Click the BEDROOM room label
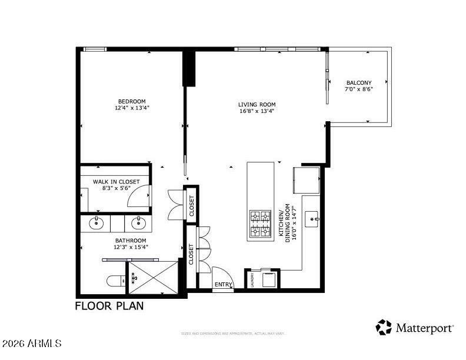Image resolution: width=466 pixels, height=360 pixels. click(132, 101)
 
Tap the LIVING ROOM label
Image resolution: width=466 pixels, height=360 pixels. click(257, 105)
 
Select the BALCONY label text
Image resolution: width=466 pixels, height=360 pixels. click(358, 82)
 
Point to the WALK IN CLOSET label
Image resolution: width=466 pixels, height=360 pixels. click(116, 182)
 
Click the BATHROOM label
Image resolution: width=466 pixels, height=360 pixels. click(131, 241)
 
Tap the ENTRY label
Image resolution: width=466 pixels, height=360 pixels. click(223, 285)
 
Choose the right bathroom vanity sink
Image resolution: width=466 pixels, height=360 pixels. click(139, 223)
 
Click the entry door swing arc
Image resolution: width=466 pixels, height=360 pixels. click(221, 276)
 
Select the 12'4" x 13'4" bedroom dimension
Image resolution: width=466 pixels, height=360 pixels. click(132, 108)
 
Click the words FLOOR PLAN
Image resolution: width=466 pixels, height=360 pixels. click(109, 306)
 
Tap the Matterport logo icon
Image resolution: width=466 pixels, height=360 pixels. click(384, 327)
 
